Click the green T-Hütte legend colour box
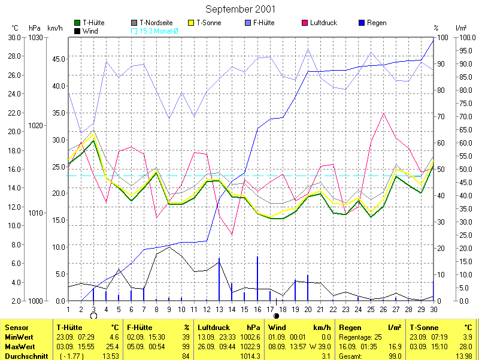[x=78, y=23]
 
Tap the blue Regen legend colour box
[x=361, y=23]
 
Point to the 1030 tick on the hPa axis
[x=35, y=38]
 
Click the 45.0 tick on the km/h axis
[x=59, y=59]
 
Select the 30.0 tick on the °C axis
[x=14, y=38]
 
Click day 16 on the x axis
[x=257, y=309]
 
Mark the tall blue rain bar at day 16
[x=257, y=279]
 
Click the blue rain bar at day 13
[x=219, y=280]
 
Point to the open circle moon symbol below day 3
[x=93, y=316]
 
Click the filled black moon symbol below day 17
[x=276, y=316]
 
